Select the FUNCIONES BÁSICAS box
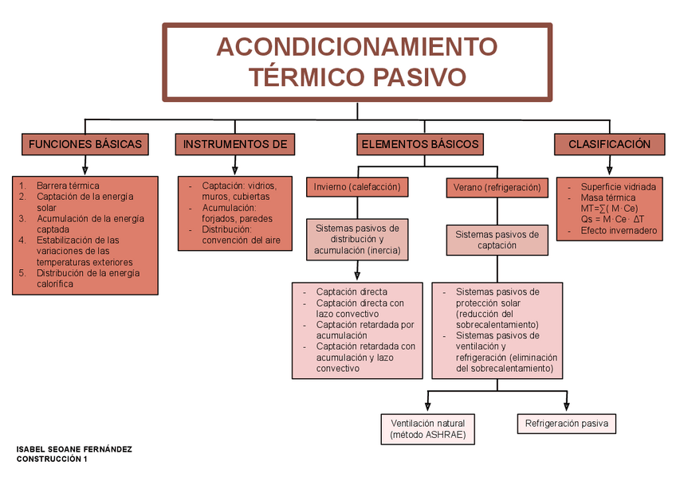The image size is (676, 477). click(x=85, y=144)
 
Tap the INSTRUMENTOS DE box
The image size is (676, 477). click(x=234, y=144)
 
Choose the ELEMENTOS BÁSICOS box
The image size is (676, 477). click(x=420, y=144)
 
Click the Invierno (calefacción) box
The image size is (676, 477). click(x=358, y=187)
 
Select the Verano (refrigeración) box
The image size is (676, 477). click(x=497, y=188)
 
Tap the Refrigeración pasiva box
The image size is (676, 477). click(x=566, y=424)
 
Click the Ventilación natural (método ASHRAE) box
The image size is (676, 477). click(x=427, y=429)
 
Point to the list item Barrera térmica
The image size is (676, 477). click(x=68, y=186)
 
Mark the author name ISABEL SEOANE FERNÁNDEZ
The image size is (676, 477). click(x=74, y=449)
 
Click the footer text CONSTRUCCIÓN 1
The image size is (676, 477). click(x=52, y=459)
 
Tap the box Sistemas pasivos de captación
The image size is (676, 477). click(x=497, y=240)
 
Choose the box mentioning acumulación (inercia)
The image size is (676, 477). click(x=357, y=239)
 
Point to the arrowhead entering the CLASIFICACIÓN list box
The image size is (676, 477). click(x=609, y=170)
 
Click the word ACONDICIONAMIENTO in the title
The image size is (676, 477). click(x=356, y=46)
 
